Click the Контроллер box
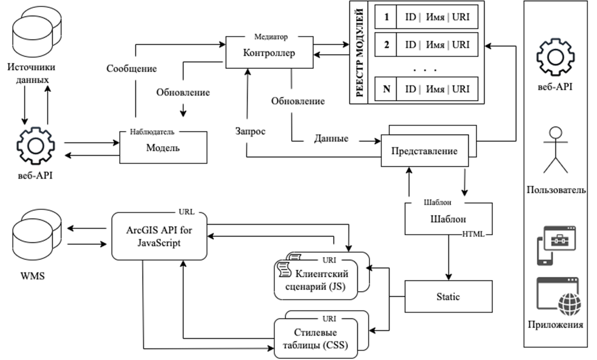(x=269, y=53)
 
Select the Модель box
(x=163, y=148)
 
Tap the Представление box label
(x=425, y=151)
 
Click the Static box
(x=448, y=296)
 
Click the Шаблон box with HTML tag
(x=448, y=220)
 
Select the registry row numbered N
(x=427, y=89)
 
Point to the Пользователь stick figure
(x=555, y=150)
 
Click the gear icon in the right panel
(x=555, y=56)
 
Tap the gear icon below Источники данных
(x=35, y=146)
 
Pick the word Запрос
(x=251, y=130)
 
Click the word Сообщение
(x=131, y=68)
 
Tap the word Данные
(x=332, y=138)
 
